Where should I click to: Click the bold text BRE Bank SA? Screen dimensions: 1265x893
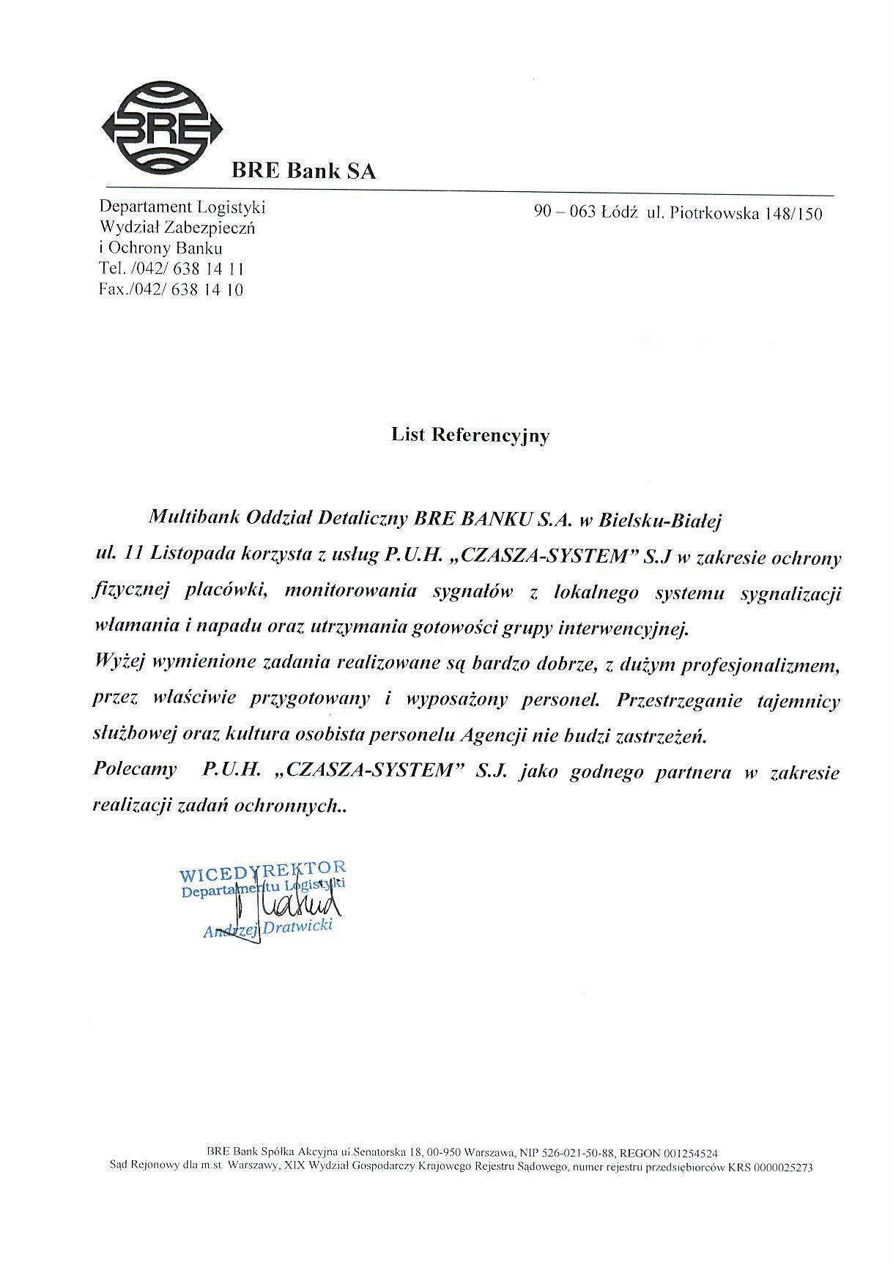coord(303,171)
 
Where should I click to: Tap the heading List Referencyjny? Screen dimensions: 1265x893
coord(470,435)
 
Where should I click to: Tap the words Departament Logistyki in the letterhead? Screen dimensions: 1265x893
coord(182,207)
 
